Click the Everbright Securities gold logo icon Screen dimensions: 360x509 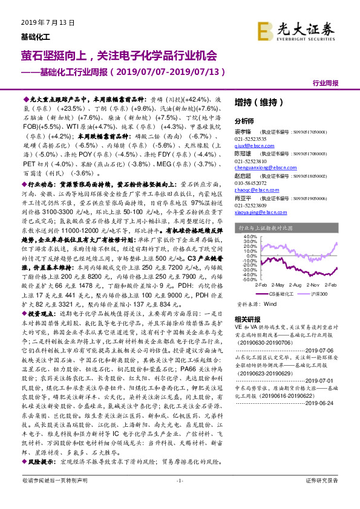264,30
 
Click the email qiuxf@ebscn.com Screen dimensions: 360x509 252,146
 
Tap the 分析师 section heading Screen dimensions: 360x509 245,120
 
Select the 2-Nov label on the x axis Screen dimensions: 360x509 313,284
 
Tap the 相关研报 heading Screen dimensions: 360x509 247,319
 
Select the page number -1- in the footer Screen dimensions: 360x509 179,497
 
